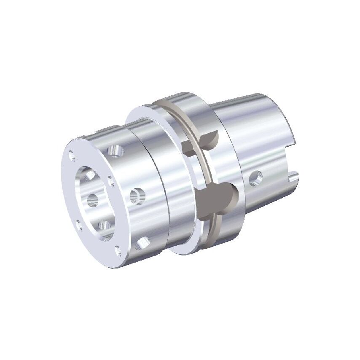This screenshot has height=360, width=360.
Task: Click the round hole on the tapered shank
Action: pos(255,178)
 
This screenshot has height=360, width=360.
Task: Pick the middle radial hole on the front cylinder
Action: pos(136,195)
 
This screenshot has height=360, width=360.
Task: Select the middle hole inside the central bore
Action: pos(93,199)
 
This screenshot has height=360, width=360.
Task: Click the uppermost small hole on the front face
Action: pos(73,157)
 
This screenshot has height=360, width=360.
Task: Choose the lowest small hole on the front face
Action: pos(118,252)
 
